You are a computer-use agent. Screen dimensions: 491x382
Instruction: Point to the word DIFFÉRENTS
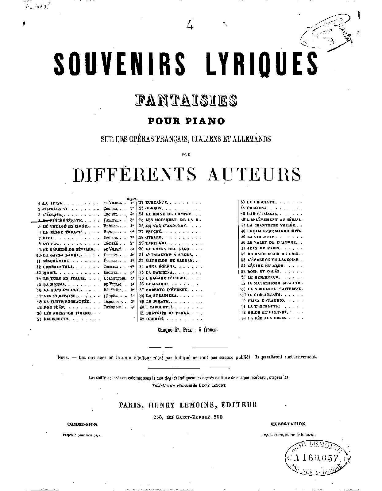135,174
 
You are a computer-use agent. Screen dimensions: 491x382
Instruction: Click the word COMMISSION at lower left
83,424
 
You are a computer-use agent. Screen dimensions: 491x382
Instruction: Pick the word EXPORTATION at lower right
288,424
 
